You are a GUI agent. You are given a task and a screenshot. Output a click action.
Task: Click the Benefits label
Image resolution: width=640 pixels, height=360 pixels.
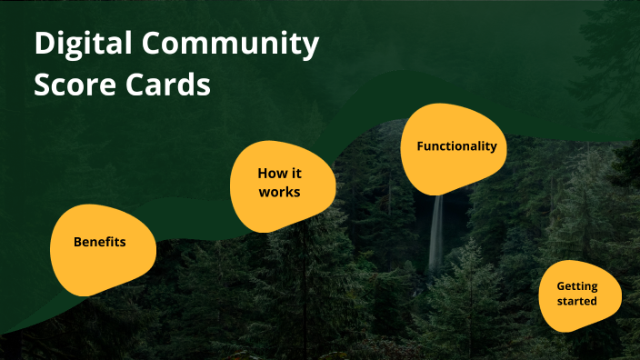pos(99,243)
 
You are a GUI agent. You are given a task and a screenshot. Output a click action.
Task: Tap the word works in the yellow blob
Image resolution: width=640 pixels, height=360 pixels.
pos(279,192)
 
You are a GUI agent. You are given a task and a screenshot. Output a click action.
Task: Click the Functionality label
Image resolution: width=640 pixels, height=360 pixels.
pos(456,146)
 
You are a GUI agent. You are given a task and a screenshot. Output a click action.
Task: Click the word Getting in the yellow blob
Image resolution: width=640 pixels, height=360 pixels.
pos(577,285)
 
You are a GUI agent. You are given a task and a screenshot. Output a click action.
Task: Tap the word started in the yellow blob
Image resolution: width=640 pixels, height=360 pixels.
pos(577,300)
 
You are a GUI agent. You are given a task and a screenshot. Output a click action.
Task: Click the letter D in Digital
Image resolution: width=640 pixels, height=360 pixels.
pos(44,45)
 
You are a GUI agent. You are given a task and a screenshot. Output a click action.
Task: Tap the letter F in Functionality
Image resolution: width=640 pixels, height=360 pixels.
pos(420,146)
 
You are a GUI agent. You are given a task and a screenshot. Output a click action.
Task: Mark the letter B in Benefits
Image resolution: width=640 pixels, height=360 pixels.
pos(77,243)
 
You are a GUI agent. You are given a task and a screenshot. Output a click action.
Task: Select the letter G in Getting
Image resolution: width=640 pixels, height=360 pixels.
pos(560,285)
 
